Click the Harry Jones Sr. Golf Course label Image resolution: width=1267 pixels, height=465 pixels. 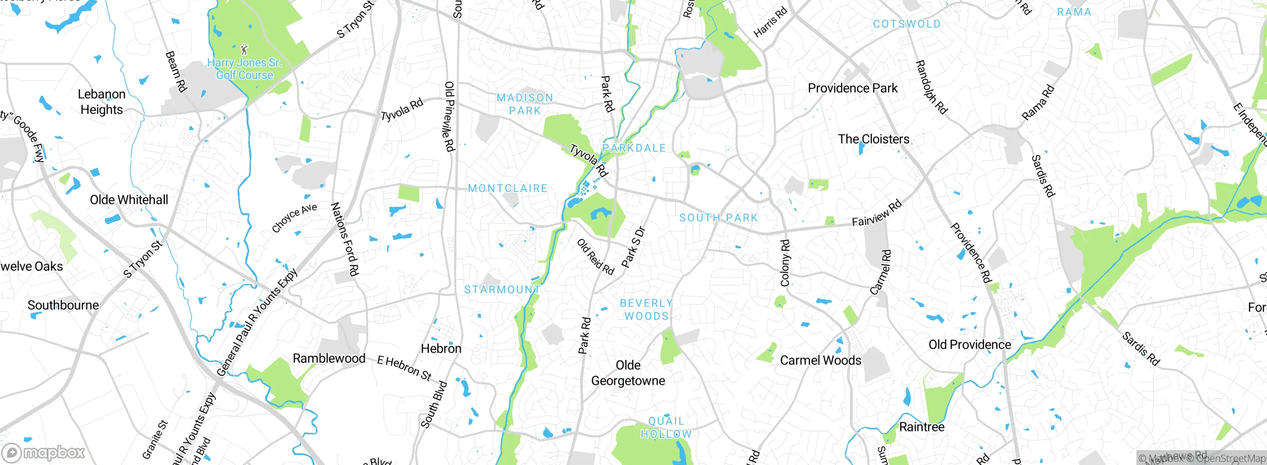[x=244, y=69]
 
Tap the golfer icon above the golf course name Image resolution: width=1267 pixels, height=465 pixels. [x=244, y=49]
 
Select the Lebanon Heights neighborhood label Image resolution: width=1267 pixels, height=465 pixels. [x=101, y=102]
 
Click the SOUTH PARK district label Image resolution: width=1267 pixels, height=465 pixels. [x=718, y=218]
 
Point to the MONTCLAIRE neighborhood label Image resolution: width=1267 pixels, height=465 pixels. [x=508, y=188]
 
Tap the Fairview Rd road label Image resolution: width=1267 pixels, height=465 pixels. [x=877, y=214]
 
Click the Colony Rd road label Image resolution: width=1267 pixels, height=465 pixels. [x=785, y=263]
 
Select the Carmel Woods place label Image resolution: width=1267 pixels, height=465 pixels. [x=821, y=360]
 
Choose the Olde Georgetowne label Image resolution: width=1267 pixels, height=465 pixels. [x=628, y=373]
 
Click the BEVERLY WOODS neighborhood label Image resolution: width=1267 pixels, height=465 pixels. [x=646, y=310]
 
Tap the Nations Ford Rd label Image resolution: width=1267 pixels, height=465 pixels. [x=344, y=239]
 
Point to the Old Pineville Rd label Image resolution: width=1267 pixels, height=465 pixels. [x=449, y=117]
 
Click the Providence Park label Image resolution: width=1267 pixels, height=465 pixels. [x=852, y=89]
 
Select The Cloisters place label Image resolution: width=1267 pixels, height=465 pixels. [x=874, y=139]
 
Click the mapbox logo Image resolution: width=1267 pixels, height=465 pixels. [x=44, y=453]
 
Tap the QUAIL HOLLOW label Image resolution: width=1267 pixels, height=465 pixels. [x=666, y=427]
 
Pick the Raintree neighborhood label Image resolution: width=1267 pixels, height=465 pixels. [x=922, y=427]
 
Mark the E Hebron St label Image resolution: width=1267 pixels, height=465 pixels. [x=404, y=368]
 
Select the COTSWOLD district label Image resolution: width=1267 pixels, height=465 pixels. [x=906, y=24]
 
